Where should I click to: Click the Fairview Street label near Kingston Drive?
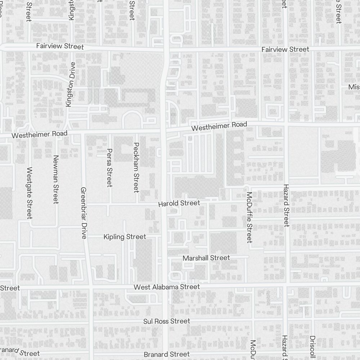60,46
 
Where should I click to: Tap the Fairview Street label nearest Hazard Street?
285,49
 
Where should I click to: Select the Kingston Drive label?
71,84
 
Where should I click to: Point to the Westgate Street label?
30,193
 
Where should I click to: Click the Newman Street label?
55,179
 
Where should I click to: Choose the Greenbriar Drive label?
84,213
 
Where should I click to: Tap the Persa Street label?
110,168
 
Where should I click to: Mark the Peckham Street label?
136,167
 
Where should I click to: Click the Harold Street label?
179,204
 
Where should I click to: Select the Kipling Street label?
125,237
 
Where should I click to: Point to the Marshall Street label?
206,258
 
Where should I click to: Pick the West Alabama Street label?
166,287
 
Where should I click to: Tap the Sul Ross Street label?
166,321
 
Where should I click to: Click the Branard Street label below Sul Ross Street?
166,355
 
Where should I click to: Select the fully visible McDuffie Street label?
249,217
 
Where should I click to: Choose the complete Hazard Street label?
286,205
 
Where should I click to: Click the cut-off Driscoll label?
312,347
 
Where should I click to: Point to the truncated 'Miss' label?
354,87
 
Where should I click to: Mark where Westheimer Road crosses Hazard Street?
286,123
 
